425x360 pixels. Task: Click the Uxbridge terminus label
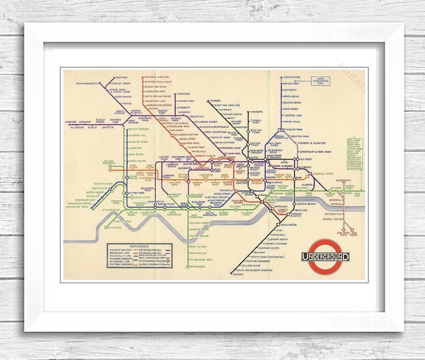[71, 122]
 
